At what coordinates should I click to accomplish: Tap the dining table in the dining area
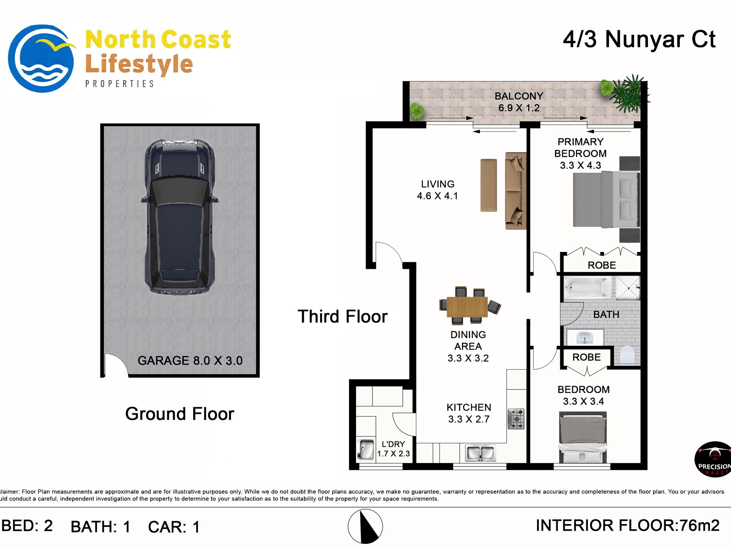point(467,306)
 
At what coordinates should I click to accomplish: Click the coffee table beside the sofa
point(488,185)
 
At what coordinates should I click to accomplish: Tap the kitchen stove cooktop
point(516,419)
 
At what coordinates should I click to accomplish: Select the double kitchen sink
point(480,453)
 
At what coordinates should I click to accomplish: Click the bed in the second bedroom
point(583,438)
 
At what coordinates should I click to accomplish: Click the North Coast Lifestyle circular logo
point(42,58)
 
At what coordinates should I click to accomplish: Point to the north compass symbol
point(365,526)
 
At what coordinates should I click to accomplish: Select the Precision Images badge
point(713,459)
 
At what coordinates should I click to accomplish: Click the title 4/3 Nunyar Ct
point(639,39)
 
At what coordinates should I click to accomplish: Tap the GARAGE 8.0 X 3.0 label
point(190,361)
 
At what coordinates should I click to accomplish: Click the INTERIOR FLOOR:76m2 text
point(628,525)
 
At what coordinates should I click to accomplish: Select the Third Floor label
point(342,316)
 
